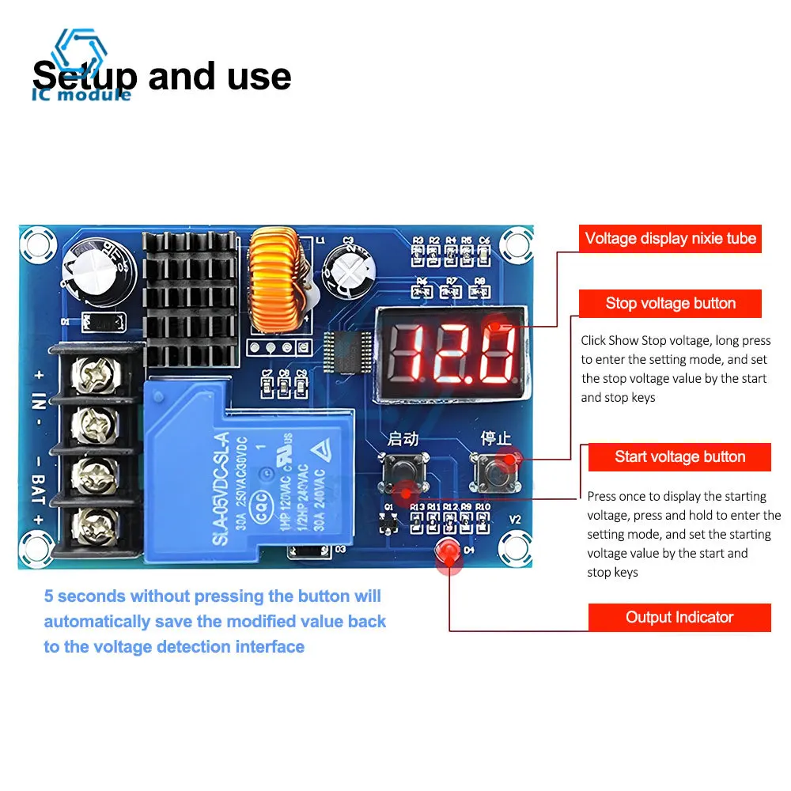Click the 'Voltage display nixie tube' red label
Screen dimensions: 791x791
(x=670, y=238)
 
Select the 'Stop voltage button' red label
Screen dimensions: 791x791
(x=670, y=304)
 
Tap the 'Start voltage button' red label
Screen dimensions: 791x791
(x=679, y=457)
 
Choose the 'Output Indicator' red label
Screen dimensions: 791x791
(x=679, y=618)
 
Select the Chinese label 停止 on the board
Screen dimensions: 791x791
(x=497, y=437)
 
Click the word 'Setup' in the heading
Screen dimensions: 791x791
(x=83, y=77)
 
